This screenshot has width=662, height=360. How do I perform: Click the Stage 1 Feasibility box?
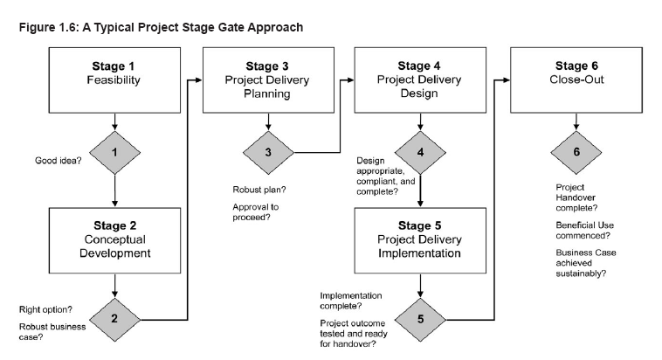coord(114,80)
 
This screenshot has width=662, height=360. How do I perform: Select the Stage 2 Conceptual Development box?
coord(114,240)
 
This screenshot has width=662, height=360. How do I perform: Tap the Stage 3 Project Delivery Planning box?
coord(268,80)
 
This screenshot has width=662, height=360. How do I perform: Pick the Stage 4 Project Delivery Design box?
coord(420,80)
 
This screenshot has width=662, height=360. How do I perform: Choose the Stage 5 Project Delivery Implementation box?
coord(420,240)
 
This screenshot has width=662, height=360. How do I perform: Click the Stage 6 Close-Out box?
coord(576,80)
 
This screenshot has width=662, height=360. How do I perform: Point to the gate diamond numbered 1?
coord(114,153)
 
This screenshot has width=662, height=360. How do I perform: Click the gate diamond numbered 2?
coord(114,320)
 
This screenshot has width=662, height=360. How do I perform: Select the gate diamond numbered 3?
coord(268,153)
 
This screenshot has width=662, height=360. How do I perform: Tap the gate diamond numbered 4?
coord(420,153)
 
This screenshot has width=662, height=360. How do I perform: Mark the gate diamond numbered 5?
coord(420,320)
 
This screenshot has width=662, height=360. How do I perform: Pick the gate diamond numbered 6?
coord(576,153)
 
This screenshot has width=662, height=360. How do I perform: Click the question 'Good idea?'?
coord(59,161)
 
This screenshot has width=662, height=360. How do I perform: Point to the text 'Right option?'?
coord(45,309)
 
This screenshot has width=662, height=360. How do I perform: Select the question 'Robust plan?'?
coord(259,190)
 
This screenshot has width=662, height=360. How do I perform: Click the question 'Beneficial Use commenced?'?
coord(585,231)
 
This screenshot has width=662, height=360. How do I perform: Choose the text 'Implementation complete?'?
coord(351,301)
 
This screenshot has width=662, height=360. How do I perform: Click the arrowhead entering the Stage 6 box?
coord(507,80)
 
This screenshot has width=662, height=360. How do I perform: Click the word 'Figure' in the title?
coord(38,28)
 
